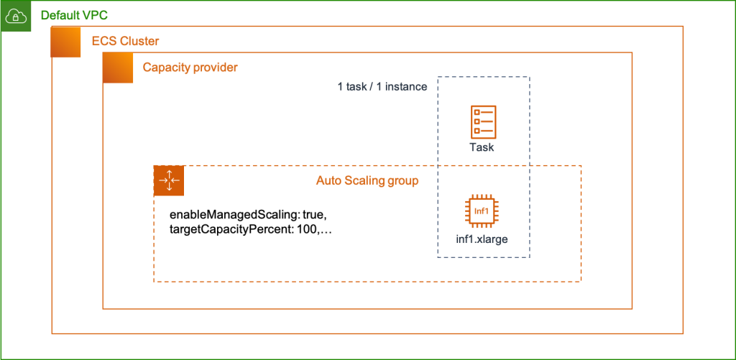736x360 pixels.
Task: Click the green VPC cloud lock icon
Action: tap(16, 16)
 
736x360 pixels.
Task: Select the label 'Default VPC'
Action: tap(75, 15)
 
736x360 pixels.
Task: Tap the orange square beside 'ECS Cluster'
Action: tap(65, 42)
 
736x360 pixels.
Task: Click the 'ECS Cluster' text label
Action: tap(125, 41)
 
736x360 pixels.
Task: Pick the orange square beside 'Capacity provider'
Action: tap(118, 68)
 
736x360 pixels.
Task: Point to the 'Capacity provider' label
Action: tap(190, 68)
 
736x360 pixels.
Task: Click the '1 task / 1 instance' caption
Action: tap(382, 87)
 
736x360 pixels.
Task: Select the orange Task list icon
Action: tap(483, 121)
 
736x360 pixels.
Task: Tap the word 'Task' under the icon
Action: tap(482, 147)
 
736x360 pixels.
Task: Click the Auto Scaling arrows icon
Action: tap(169, 180)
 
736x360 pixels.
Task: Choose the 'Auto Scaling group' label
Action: tap(367, 180)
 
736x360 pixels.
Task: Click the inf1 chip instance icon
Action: tap(482, 211)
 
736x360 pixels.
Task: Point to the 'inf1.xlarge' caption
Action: tap(482, 239)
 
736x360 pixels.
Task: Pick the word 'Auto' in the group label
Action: tap(328, 180)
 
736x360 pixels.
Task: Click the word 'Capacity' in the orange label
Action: tap(166, 68)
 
